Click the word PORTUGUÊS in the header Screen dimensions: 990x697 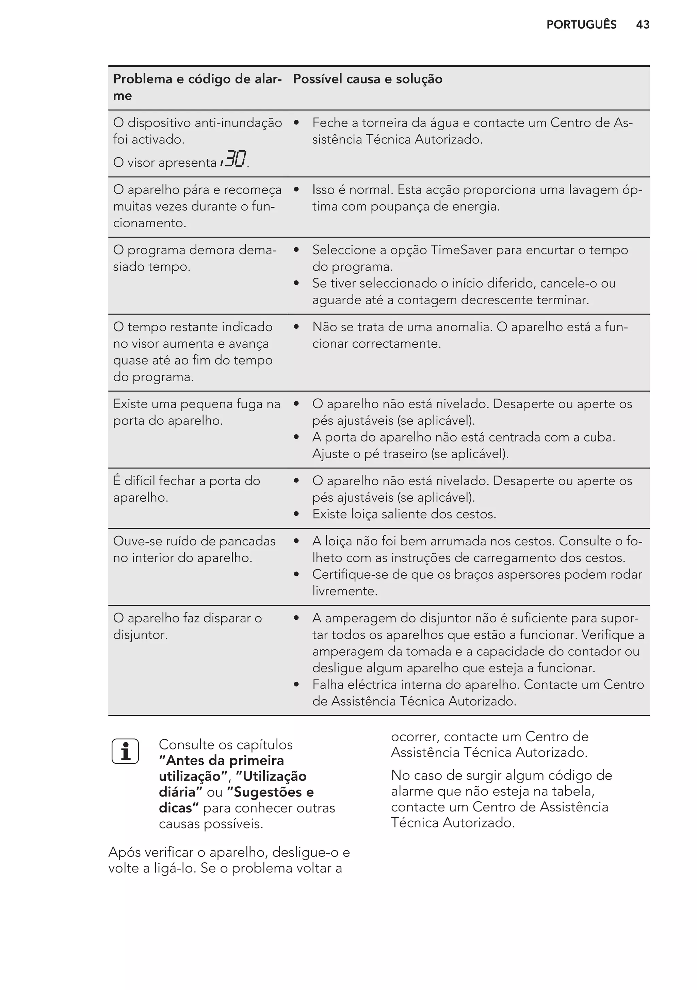tap(581, 25)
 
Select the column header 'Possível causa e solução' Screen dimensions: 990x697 tap(368, 79)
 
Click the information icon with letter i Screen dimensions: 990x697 tap(125, 751)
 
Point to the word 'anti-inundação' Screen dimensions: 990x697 tap(238, 123)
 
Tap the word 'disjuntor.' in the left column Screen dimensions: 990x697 tap(140, 635)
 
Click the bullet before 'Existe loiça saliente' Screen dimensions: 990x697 tap(296, 514)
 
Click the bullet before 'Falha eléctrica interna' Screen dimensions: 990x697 tap(296, 685)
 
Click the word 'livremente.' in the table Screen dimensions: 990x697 tap(345, 591)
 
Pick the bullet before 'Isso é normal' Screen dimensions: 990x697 tap(296, 190)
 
